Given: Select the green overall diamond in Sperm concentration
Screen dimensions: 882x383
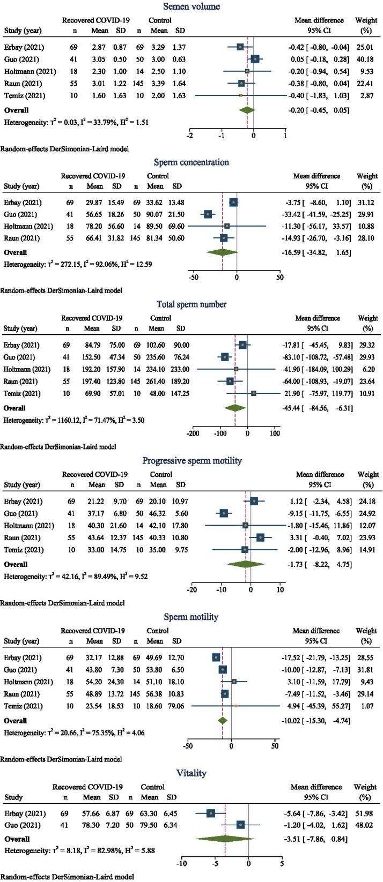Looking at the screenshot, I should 222,252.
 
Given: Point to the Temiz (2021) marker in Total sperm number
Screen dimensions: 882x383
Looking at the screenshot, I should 254,393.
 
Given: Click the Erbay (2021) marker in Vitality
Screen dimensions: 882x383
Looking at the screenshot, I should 211,813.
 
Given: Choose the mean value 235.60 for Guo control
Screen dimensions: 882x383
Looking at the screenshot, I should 157,355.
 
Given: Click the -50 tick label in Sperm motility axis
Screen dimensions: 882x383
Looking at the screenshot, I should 188,745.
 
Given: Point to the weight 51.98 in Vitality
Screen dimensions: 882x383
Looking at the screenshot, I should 366,813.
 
